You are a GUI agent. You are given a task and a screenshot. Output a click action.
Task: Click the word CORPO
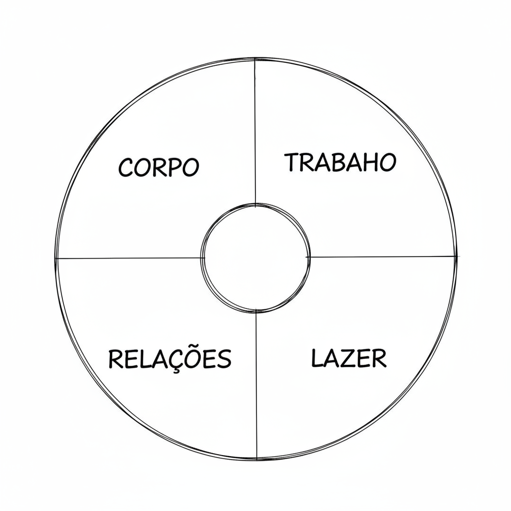158,168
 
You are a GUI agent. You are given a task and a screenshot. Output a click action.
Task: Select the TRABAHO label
340,162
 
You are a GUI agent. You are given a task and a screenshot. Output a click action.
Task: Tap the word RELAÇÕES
170,359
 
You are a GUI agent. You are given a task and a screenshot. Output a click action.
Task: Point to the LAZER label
349,358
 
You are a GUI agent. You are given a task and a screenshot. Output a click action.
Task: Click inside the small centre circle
255,258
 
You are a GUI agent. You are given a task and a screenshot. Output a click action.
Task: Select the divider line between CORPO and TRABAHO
255,132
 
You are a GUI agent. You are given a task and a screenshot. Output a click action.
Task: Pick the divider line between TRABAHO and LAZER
381,257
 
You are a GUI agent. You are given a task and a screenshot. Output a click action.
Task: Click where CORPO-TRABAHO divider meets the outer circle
255,59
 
